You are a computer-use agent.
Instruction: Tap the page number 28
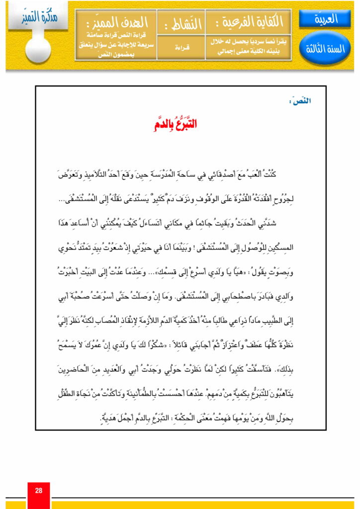[39, 491]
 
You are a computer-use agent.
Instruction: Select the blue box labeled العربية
[325, 19]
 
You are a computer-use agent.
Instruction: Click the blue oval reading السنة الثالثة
[325, 49]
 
